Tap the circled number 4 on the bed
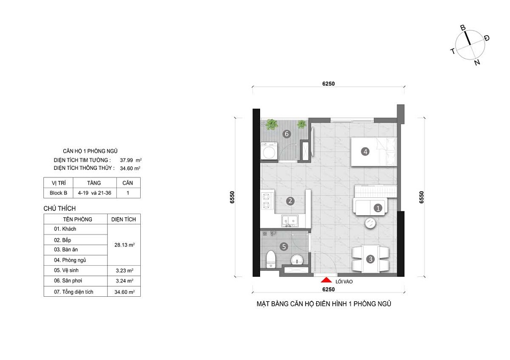point(365,151)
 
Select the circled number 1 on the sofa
point(378,208)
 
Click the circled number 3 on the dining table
point(370,259)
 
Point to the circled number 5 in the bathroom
point(284,247)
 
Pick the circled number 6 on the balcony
point(287,134)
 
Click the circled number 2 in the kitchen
point(290,201)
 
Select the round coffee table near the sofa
point(370,223)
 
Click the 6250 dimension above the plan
point(328,84)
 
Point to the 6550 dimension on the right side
point(422,197)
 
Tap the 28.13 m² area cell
point(123,245)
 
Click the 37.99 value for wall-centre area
point(126,160)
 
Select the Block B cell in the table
point(58,193)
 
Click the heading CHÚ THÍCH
point(60,209)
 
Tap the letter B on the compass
point(463,28)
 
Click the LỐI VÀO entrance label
point(343,280)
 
